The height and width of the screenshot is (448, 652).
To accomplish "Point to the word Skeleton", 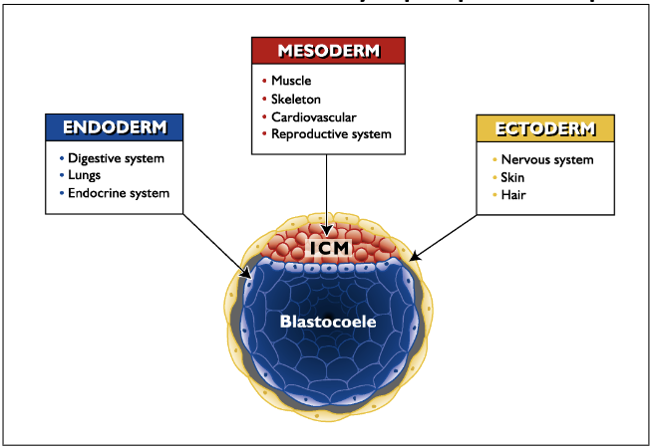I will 296,99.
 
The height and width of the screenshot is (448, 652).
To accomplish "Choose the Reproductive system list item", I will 331,134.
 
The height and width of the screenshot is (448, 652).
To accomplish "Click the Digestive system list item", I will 116,157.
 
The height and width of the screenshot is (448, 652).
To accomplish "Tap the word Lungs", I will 84,175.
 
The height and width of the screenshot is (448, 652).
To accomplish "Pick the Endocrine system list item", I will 118,193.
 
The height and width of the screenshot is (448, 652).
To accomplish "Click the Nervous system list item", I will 547,159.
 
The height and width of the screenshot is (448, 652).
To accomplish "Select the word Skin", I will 514,177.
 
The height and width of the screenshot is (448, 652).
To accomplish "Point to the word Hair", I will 514,195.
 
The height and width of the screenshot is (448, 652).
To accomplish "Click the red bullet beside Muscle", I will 264,81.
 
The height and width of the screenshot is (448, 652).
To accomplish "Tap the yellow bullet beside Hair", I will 492,195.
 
